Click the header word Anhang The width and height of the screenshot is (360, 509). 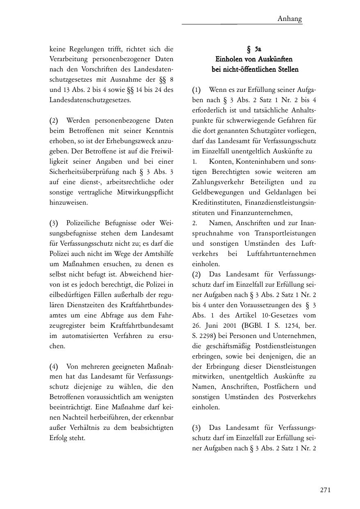[289, 18]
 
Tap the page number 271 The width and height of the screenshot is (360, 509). [325, 490]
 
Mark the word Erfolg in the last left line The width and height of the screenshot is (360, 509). [59, 438]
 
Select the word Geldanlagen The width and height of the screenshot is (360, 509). [283, 192]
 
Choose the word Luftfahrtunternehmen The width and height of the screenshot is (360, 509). [282, 254]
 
